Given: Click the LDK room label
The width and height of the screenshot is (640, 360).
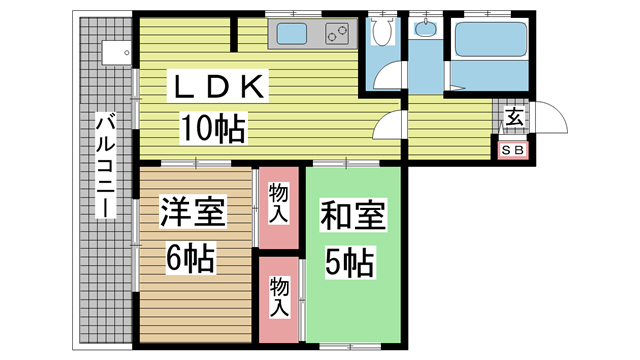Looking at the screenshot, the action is click(218, 86).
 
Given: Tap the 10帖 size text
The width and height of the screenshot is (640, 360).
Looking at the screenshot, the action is click(213, 128).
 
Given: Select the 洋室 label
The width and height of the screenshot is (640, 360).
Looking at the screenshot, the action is click(192, 212).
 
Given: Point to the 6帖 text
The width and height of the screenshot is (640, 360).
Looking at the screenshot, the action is click(191, 258).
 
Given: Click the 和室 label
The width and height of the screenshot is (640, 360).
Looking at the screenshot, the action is click(353, 215).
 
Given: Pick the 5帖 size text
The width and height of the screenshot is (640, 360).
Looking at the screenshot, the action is click(349, 262).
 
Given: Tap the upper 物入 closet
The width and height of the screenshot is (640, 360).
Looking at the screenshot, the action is click(279, 208).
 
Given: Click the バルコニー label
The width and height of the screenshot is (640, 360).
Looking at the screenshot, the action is click(105, 165).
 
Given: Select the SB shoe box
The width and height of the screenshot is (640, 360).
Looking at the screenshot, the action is click(513, 150).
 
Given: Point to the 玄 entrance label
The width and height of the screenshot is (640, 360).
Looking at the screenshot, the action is click(514, 117).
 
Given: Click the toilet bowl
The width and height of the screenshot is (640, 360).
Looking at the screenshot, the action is click(382, 31).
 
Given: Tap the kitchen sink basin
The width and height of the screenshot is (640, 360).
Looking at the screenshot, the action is click(292, 34).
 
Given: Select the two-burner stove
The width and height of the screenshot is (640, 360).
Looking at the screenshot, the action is click(338, 33).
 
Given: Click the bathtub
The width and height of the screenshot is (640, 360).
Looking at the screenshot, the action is click(491, 40).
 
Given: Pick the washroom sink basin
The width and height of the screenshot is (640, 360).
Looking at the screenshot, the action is click(425, 28).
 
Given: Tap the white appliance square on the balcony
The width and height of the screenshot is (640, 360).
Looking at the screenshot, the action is click(116, 52).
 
